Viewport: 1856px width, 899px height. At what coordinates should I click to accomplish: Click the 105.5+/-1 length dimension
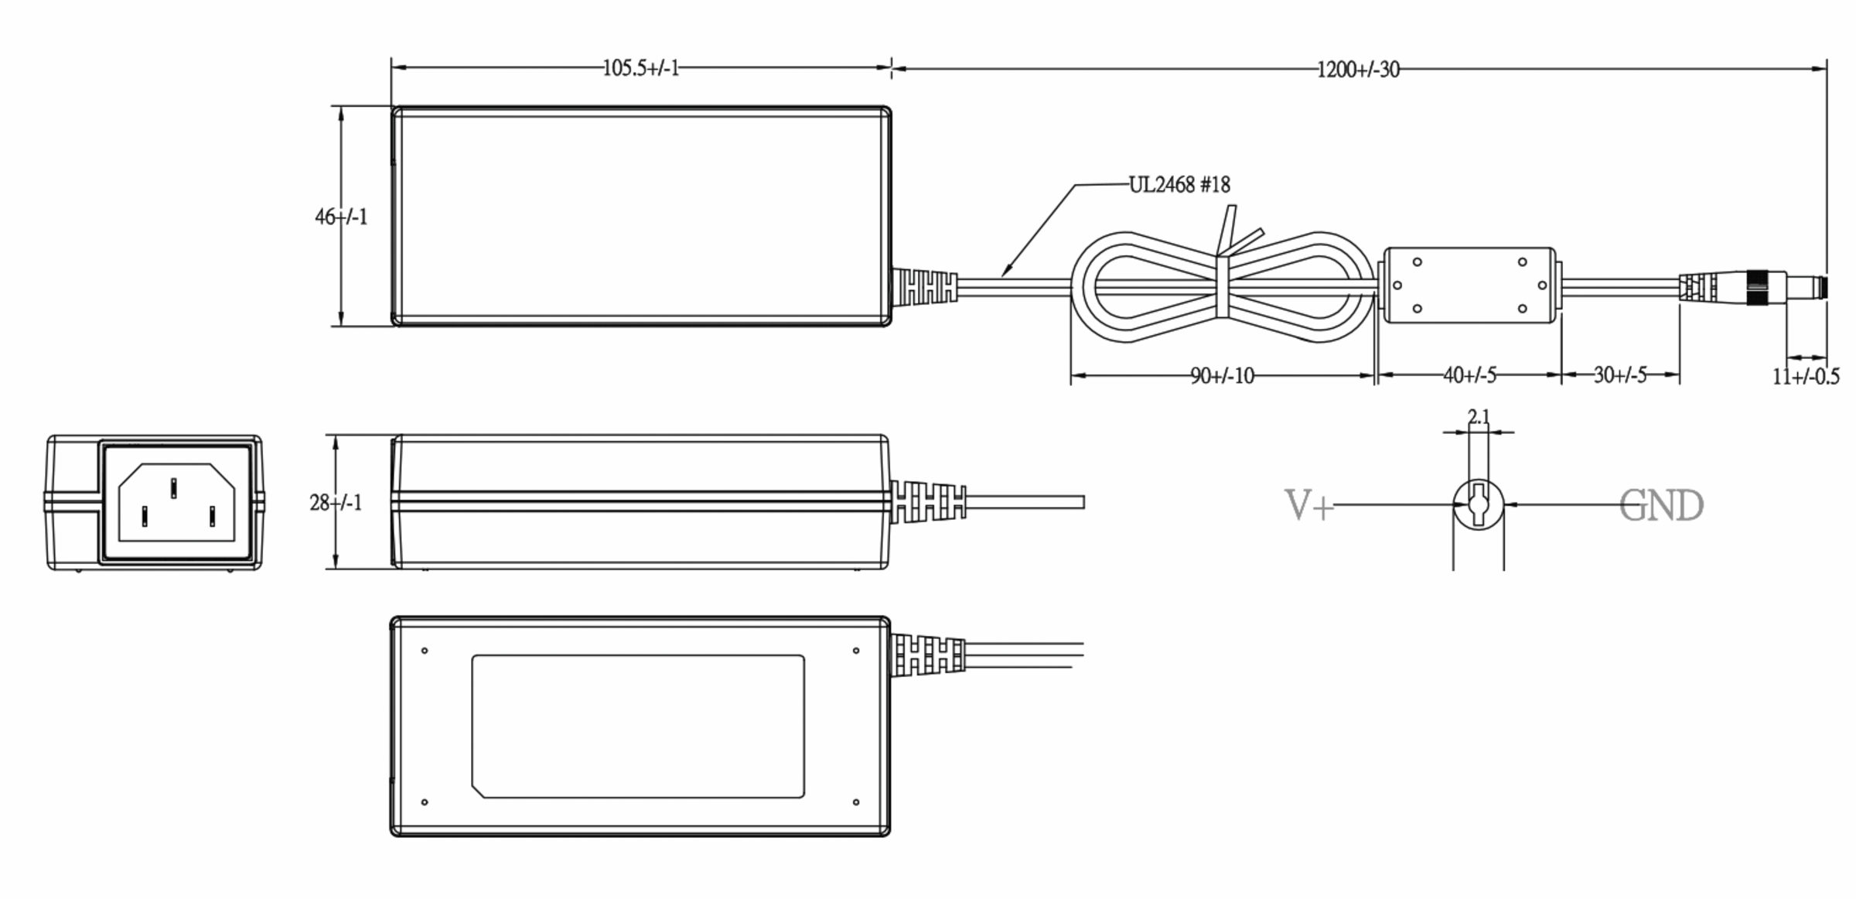point(640,68)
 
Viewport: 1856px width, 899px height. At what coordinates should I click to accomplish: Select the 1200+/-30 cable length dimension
point(1358,70)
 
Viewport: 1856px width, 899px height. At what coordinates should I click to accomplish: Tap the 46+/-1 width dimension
point(341,217)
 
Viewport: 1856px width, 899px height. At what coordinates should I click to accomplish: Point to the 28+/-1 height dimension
point(336,503)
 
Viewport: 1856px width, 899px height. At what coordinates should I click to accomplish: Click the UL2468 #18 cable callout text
point(1179,185)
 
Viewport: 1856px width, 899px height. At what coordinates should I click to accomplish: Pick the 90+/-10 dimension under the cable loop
point(1222,376)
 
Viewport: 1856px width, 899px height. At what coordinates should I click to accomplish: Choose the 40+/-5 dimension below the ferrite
point(1469,375)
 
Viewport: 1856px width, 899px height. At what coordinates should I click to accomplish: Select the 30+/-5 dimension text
point(1620,375)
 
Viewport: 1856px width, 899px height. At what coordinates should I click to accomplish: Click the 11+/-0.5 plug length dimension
point(1806,377)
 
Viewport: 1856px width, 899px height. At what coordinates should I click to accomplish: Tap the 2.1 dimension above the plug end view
point(1479,417)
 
